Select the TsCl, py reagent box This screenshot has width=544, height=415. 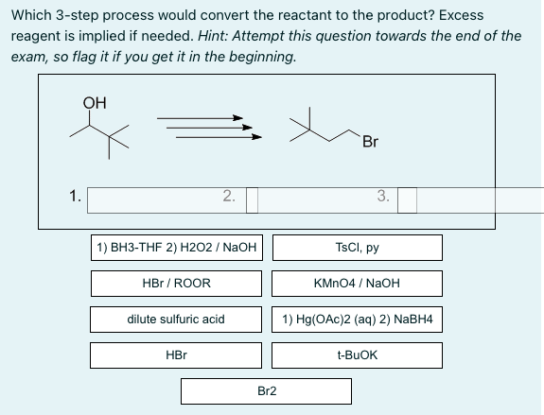point(358,248)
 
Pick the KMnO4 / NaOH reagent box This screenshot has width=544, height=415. point(358,283)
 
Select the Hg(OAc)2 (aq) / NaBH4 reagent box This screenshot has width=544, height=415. point(358,320)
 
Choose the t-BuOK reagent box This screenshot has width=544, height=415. point(358,354)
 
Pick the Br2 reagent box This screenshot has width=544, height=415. point(267,389)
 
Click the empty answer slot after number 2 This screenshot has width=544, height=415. point(253,199)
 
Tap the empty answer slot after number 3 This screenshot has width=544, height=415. point(407,199)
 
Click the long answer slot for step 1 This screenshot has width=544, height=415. point(161,199)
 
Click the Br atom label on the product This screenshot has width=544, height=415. point(370,143)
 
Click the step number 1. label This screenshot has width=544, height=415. point(74,198)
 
